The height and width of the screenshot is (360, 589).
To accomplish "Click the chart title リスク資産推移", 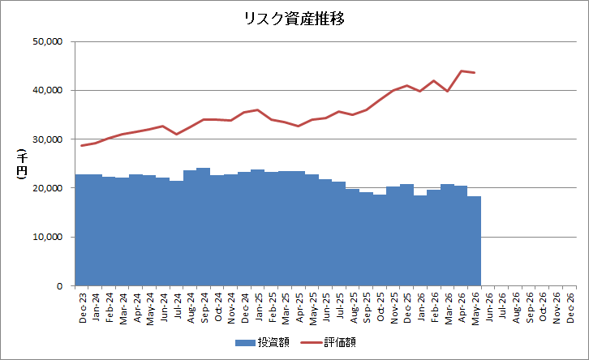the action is [x=294, y=19].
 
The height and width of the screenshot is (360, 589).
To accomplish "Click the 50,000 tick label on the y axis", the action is [x=47, y=41].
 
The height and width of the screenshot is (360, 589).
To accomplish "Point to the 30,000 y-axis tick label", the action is [x=47, y=139].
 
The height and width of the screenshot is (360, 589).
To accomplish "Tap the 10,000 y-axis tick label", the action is [x=47, y=238].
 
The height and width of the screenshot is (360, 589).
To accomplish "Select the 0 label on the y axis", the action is [x=60, y=286].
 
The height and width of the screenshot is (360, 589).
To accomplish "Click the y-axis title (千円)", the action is [x=22, y=164].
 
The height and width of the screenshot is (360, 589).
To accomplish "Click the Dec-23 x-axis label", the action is [x=83, y=308].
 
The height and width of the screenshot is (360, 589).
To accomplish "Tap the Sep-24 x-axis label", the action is [x=204, y=308].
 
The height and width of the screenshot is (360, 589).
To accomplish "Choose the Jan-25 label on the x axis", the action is [x=259, y=307].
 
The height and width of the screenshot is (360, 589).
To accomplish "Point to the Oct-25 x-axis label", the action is [x=380, y=307].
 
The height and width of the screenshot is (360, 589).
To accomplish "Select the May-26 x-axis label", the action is [x=475, y=309].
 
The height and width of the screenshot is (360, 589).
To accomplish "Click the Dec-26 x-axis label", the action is [x=570, y=308].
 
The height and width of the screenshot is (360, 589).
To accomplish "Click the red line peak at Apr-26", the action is [x=462, y=71].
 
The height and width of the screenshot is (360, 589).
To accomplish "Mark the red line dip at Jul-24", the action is [x=177, y=134].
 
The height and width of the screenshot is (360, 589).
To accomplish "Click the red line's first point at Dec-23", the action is [x=82, y=145].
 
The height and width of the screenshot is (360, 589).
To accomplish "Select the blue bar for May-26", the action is [x=474, y=241].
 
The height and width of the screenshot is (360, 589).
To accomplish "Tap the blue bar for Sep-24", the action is [x=203, y=227].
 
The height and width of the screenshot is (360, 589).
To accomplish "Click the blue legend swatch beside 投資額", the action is [x=245, y=343].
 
